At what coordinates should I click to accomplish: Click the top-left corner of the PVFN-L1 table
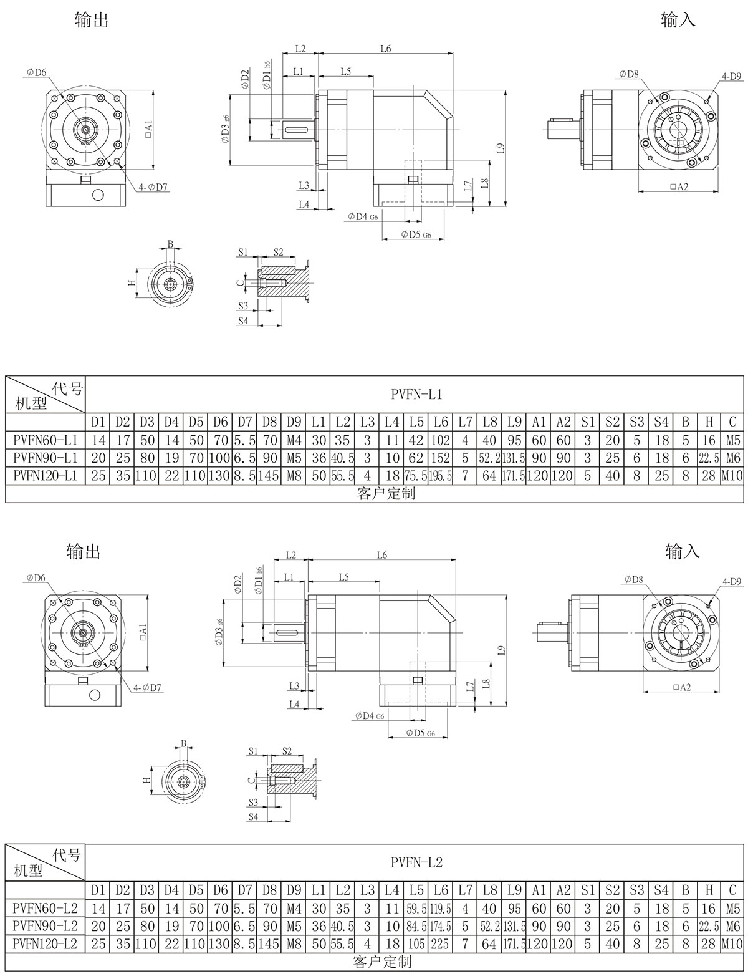[6, 376]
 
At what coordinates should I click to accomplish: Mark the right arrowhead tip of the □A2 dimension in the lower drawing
[719, 692]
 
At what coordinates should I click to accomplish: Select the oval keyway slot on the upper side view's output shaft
[297, 130]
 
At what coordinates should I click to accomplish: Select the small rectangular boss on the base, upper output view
[85, 180]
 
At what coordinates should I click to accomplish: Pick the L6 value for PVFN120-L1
[441, 476]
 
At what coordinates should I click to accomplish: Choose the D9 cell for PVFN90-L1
[294, 458]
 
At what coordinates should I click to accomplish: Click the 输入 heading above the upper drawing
[678, 20]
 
